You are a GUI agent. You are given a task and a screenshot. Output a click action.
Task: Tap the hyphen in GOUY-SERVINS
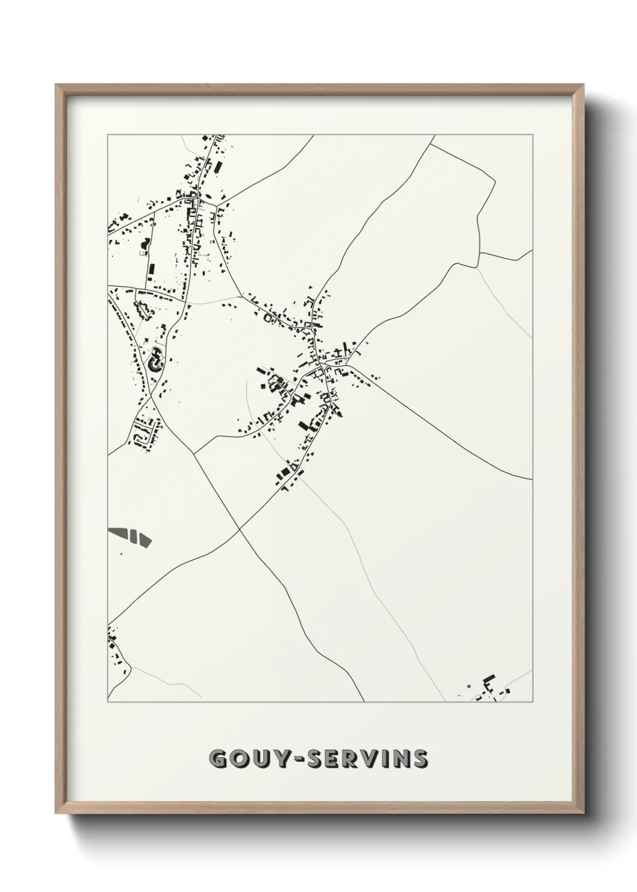click(299, 759)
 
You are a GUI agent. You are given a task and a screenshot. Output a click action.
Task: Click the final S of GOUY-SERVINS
click(420, 759)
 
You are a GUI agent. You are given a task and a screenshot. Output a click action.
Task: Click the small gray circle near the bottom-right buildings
click(468, 686)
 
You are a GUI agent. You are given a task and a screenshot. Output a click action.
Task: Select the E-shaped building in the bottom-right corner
click(488, 683)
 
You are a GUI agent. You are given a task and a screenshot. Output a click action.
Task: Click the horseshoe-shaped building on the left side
click(155, 360)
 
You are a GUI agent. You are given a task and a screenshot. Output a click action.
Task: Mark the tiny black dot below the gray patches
click(121, 553)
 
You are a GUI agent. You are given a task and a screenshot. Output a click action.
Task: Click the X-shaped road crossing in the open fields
click(240, 529)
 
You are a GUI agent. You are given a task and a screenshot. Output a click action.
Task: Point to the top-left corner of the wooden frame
click(57, 85)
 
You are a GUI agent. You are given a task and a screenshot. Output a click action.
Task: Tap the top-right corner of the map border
click(533, 135)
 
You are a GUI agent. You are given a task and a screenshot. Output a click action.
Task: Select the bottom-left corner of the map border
click(108, 702)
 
